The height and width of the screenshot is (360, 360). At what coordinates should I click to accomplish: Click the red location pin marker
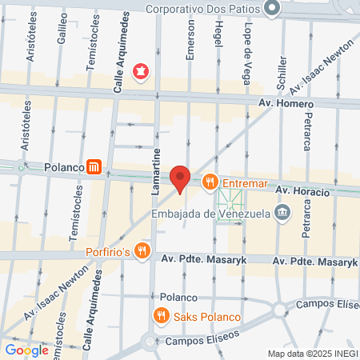click(180, 178)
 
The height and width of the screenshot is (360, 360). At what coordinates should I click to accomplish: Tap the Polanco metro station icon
click(94, 167)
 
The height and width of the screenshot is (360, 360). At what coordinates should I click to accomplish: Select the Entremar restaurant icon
click(210, 182)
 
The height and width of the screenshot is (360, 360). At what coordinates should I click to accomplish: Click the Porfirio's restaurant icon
click(142, 250)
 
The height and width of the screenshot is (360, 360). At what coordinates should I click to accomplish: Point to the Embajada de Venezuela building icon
click(282, 213)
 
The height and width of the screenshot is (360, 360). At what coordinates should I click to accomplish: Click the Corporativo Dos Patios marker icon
click(273, 8)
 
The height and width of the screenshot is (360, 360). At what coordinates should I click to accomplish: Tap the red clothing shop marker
click(142, 72)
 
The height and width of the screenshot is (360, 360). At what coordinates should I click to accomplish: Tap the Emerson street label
click(190, 41)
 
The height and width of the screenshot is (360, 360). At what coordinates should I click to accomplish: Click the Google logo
click(26, 350)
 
